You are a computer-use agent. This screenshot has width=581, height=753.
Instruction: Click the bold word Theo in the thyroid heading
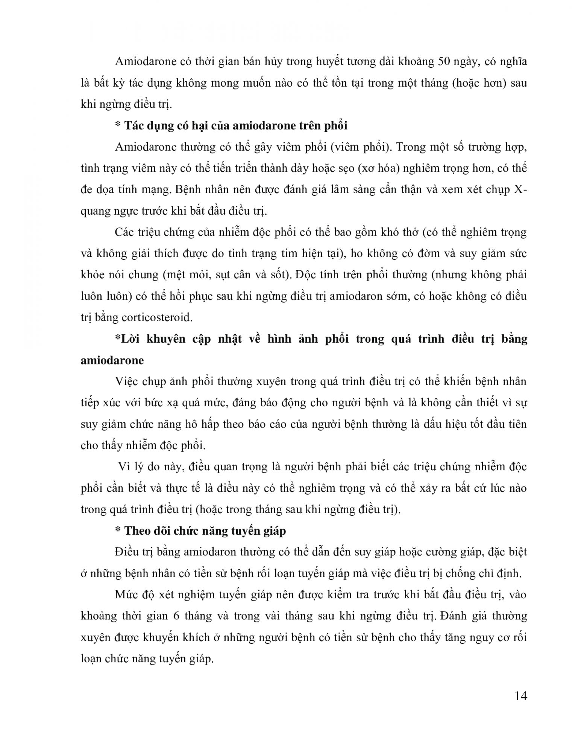[x=136, y=531]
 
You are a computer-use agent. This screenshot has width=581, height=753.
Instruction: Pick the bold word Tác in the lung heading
[x=134, y=125]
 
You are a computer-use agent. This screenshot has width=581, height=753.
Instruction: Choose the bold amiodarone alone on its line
[x=112, y=360]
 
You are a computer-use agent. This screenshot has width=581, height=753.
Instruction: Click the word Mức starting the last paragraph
[x=127, y=595]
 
